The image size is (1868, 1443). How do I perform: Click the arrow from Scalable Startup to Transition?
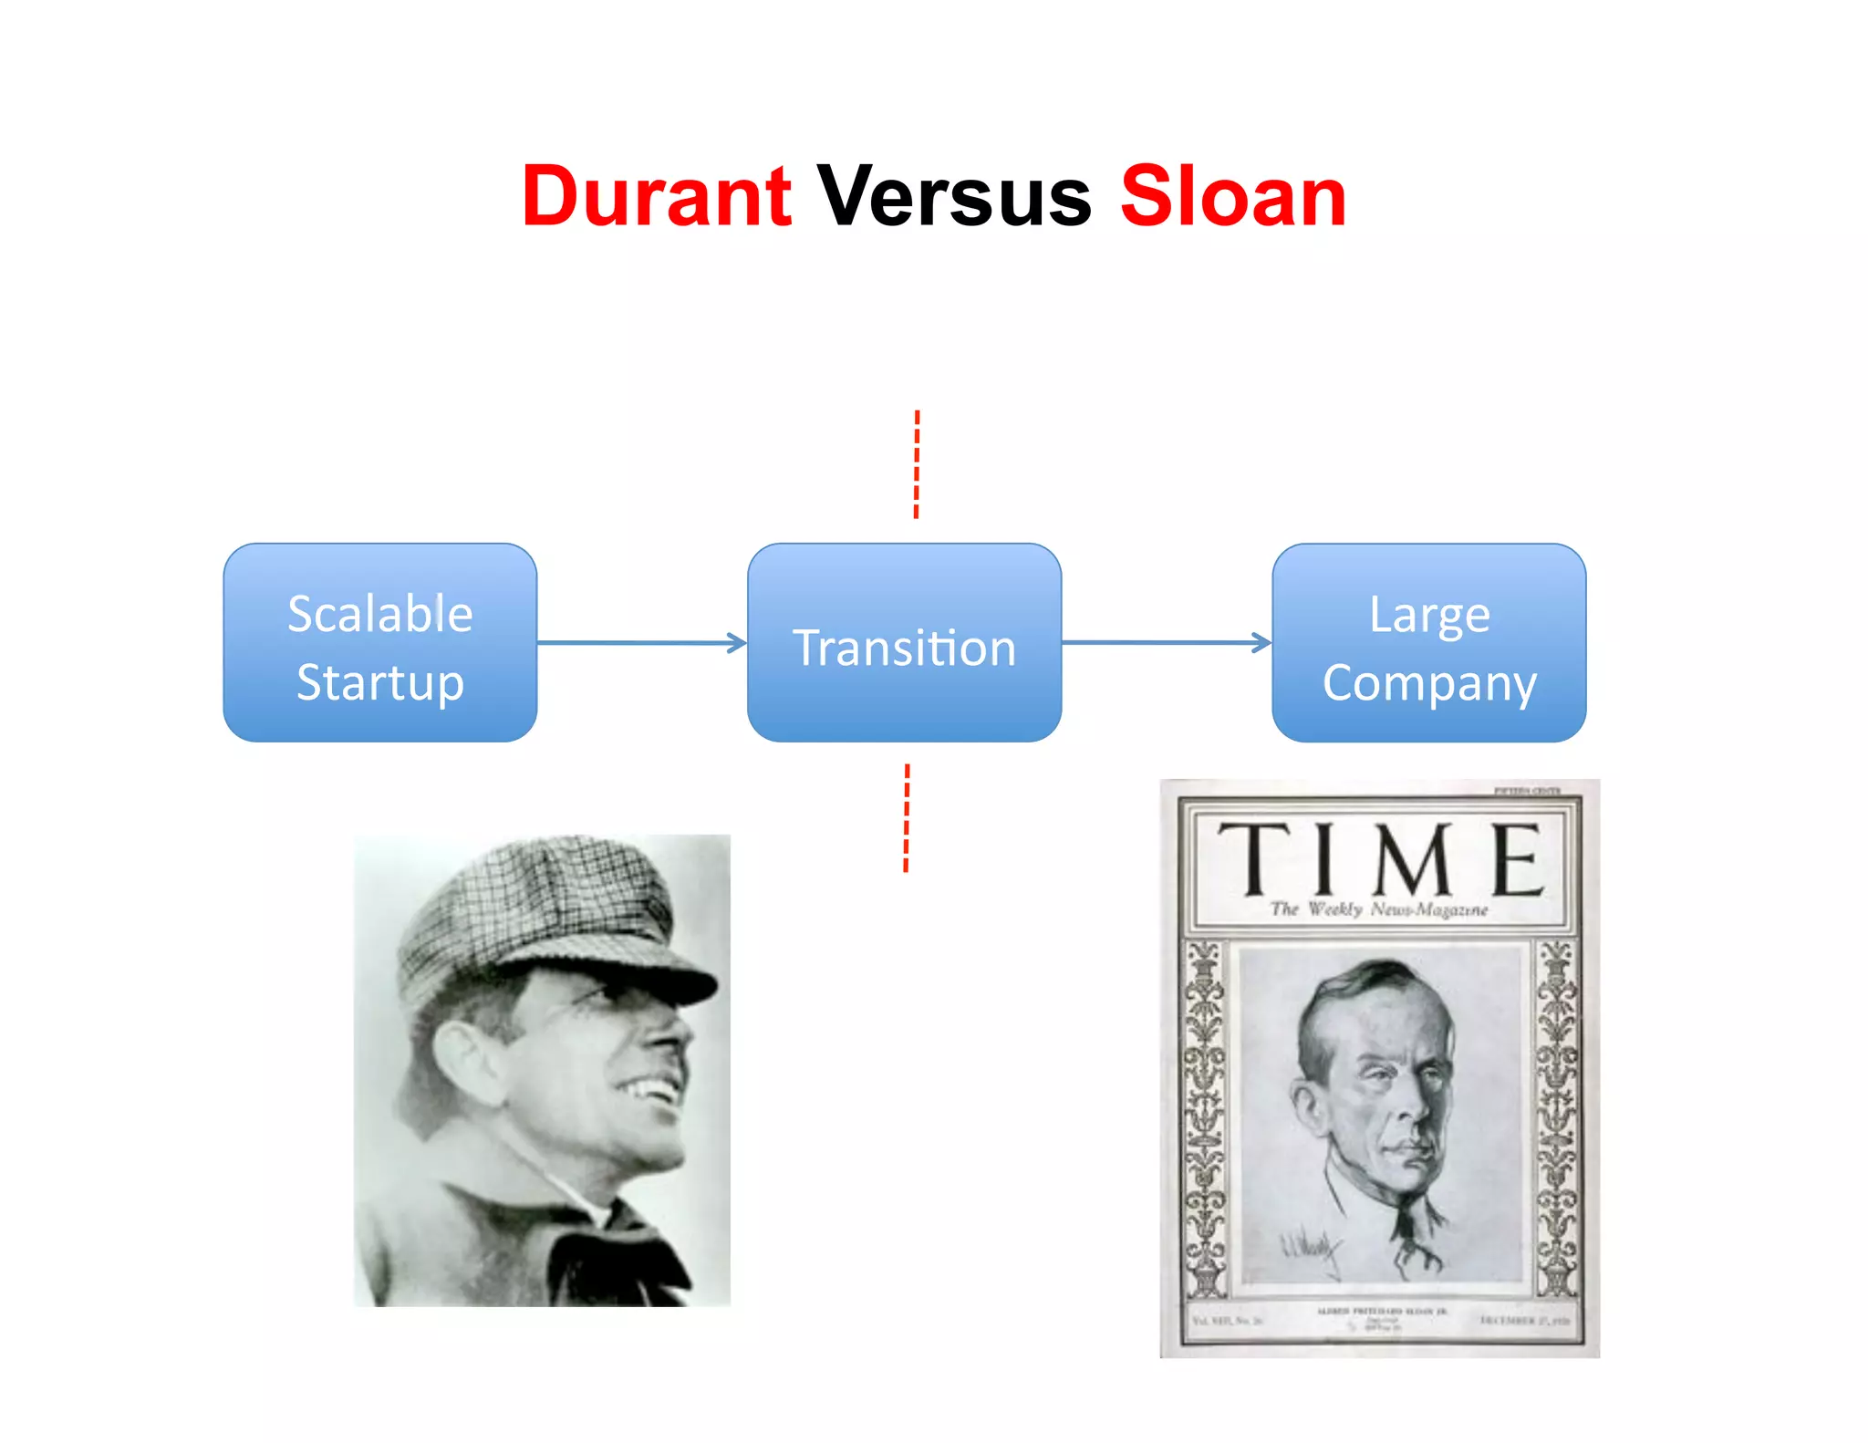tap(641, 642)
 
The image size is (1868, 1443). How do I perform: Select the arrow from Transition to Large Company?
tap(1166, 642)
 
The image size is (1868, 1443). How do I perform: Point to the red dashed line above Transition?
tap(917, 464)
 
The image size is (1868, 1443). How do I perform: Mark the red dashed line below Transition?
tap(907, 818)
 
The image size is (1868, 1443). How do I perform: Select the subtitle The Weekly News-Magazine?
tap(1378, 909)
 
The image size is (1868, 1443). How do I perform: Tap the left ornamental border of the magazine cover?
tap(1205, 1117)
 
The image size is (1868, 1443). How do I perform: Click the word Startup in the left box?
tap(380, 682)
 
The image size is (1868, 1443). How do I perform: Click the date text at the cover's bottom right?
tap(1524, 1320)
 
